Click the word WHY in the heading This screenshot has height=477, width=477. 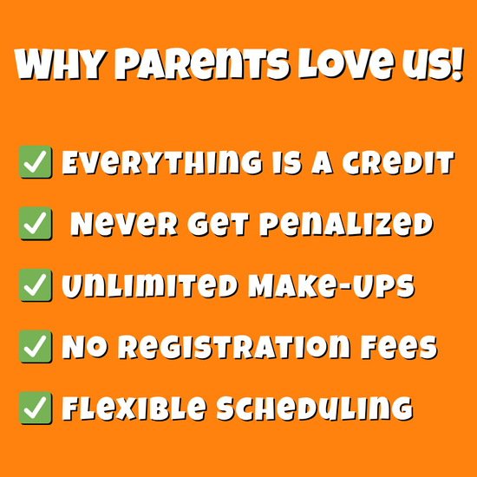pyautogui.click(x=60, y=65)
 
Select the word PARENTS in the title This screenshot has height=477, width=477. pyautogui.click(x=202, y=64)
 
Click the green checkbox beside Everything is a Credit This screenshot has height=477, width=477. pyautogui.click(x=36, y=162)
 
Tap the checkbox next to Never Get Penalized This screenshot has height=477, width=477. pyautogui.click(x=36, y=223)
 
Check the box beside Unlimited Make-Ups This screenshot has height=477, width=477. pyautogui.click(x=36, y=285)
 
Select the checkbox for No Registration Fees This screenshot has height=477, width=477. pyautogui.click(x=36, y=347)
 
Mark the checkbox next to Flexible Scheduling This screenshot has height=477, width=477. pyautogui.click(x=36, y=408)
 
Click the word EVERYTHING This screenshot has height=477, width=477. pyautogui.click(x=162, y=163)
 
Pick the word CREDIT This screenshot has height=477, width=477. pyautogui.click(x=398, y=163)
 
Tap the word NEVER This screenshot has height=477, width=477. pyautogui.click(x=124, y=225)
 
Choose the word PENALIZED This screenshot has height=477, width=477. pyautogui.click(x=346, y=225)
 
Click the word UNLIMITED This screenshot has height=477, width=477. pyautogui.click(x=150, y=286)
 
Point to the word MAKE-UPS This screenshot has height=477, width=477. pyautogui.click(x=331, y=286)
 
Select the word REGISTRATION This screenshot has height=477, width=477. pyautogui.click(x=234, y=348)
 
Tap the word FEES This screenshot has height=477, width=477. pyautogui.click(x=399, y=348)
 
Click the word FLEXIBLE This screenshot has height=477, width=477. pyautogui.click(x=134, y=408)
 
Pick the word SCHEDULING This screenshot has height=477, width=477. pyautogui.click(x=315, y=408)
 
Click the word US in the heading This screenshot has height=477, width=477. pyautogui.click(x=427, y=65)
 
